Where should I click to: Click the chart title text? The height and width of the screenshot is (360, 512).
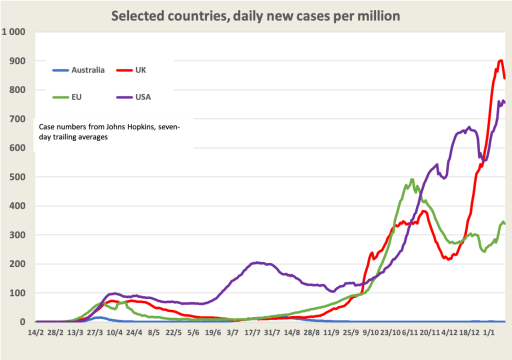pyautogui.click(x=255, y=15)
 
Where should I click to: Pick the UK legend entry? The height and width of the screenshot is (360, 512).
pyautogui.click(x=140, y=70)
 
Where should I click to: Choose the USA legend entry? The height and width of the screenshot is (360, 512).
pyautogui.click(x=142, y=97)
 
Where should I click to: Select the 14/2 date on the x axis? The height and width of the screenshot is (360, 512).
pyautogui.click(x=36, y=332)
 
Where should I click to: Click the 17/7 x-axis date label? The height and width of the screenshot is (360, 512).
pyautogui.click(x=251, y=332)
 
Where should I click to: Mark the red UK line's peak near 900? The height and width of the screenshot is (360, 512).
pyautogui.click(x=501, y=61)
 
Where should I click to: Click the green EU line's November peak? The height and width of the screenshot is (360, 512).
pyautogui.click(x=412, y=179)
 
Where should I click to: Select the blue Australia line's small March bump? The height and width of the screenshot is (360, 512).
pyautogui.click(x=99, y=317)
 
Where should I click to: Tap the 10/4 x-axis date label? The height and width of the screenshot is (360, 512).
pyautogui.click(x=114, y=332)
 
